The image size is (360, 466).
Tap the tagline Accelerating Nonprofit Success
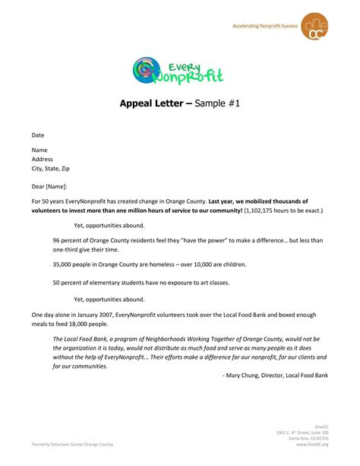264,27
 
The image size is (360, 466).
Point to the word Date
38,135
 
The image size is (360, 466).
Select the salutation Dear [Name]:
49,186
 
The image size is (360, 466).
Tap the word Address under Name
43,159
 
